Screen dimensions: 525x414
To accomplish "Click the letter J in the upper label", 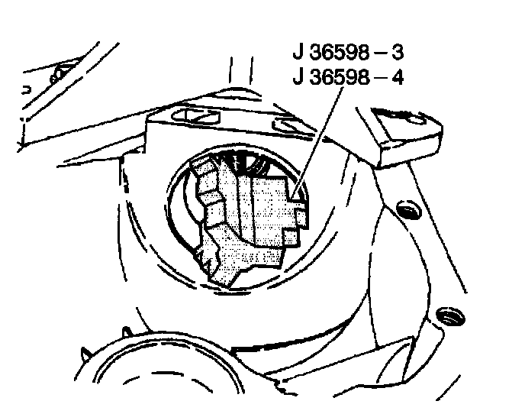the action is [298, 54].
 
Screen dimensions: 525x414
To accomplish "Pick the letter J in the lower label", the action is [298, 77].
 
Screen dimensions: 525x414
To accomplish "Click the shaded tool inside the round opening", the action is [263, 210].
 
